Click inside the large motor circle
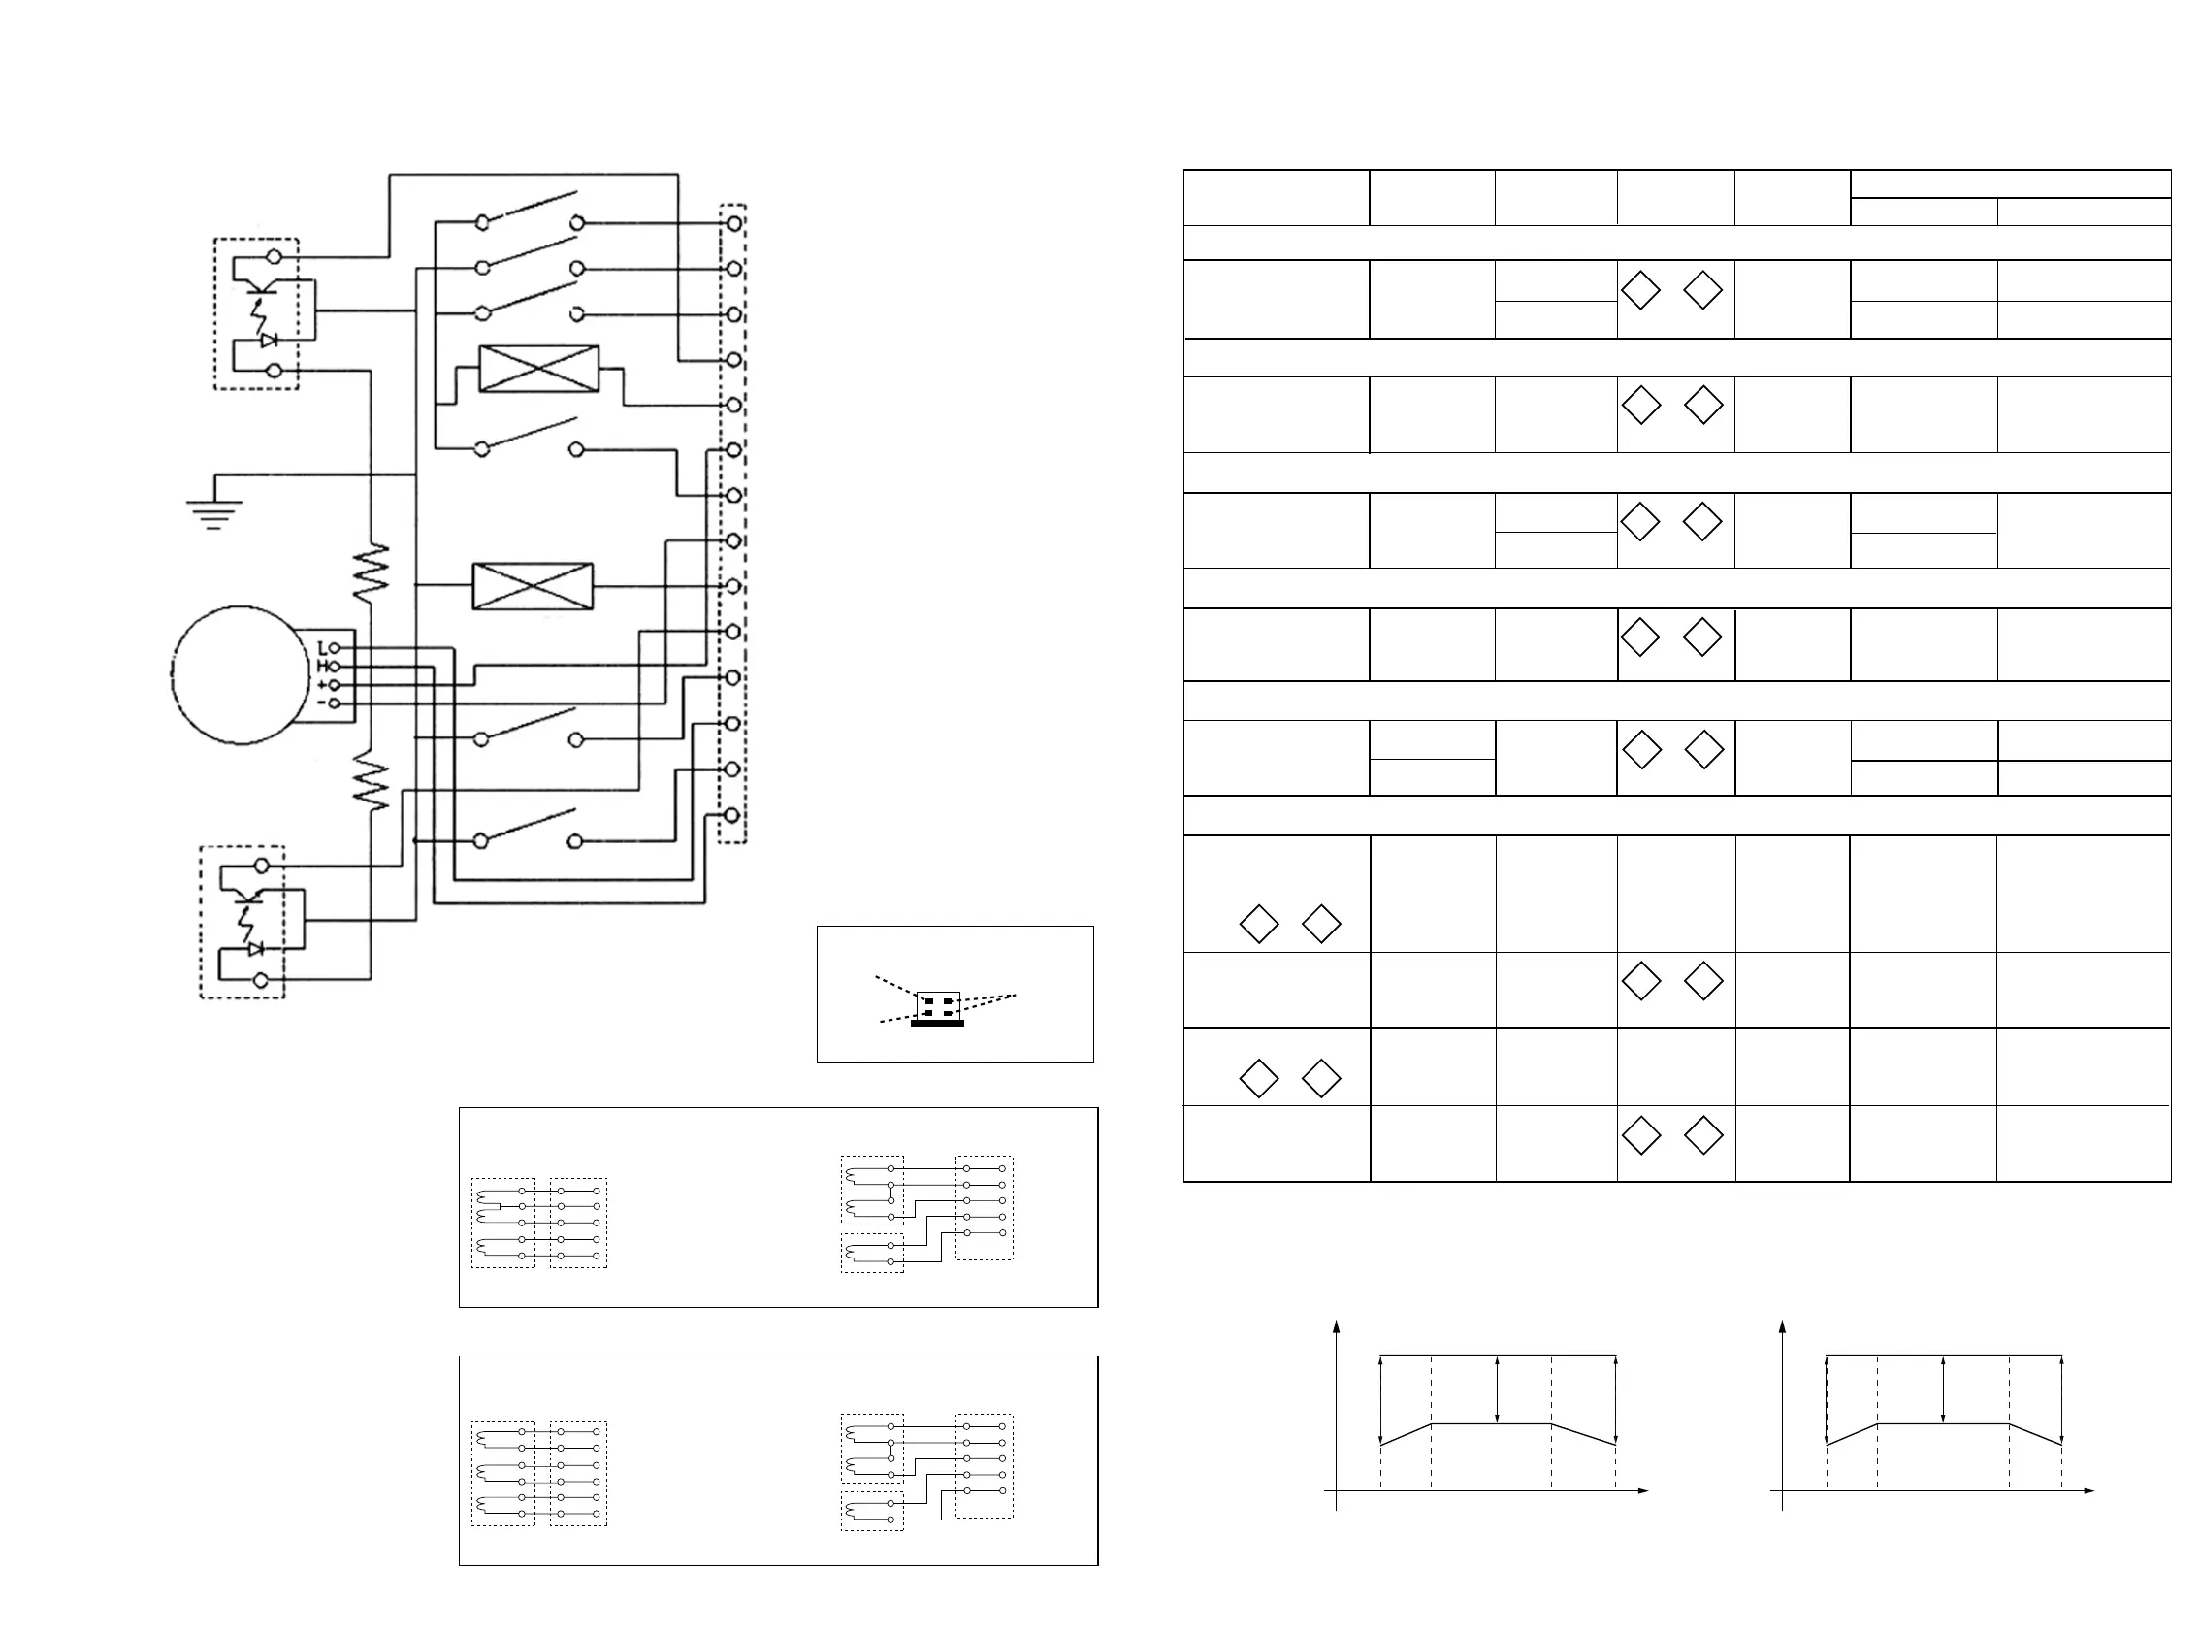point(241,675)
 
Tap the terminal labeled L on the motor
point(335,648)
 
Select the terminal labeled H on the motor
point(335,667)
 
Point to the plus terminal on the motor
point(335,684)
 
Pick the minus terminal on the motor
point(335,703)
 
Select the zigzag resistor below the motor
point(371,779)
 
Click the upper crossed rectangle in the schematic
point(539,369)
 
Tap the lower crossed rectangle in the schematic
point(533,585)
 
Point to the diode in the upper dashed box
point(268,340)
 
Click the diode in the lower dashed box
point(256,949)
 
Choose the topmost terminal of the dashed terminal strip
point(733,223)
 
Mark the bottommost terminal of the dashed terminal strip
point(731,815)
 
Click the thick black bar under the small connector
point(936,1024)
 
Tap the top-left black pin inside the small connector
point(928,1001)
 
